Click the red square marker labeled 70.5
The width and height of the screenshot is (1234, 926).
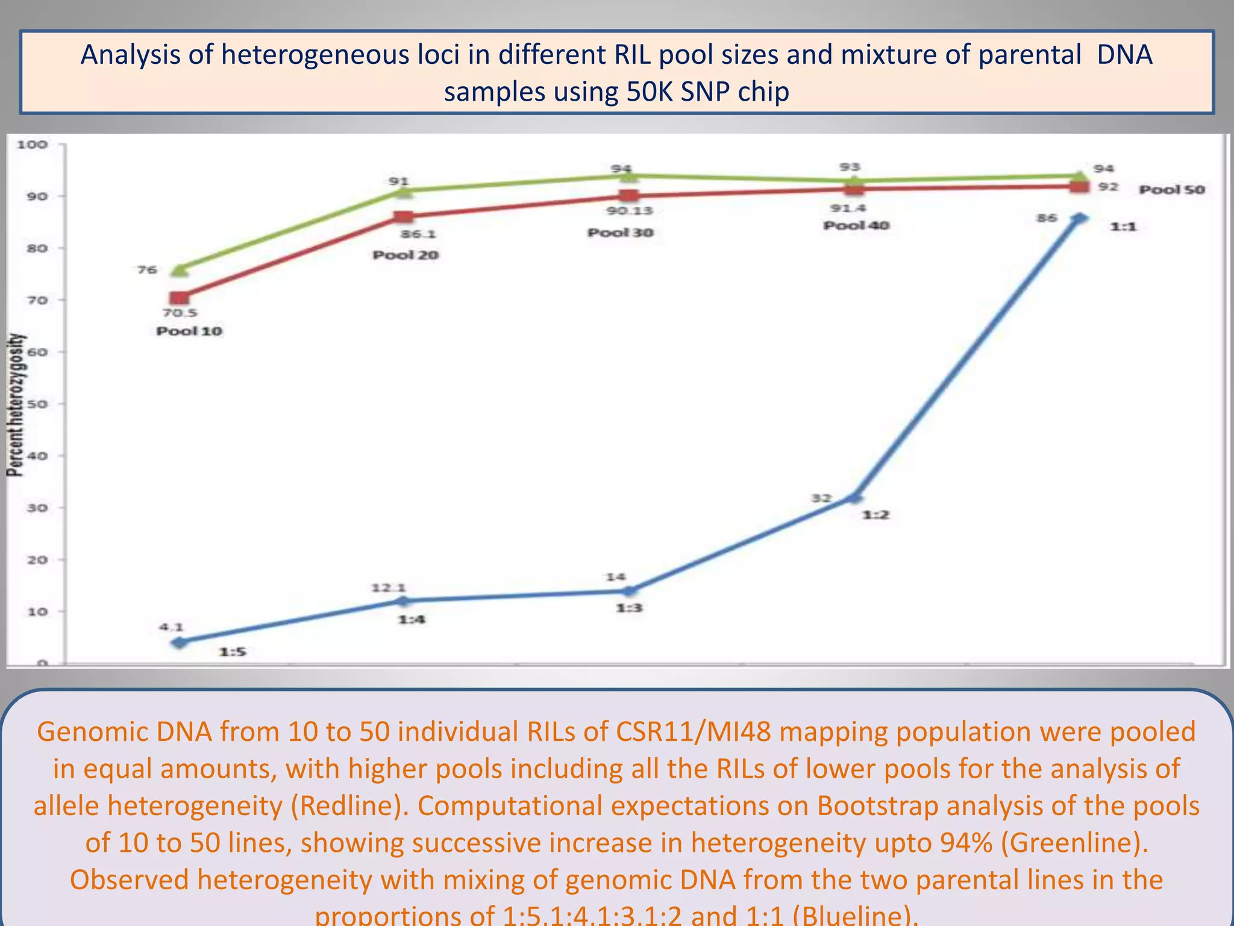click(179, 298)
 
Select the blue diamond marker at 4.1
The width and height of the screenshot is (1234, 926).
click(179, 642)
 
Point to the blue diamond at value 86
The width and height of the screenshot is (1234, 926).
click(1080, 218)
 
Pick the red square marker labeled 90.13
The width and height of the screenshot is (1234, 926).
click(629, 195)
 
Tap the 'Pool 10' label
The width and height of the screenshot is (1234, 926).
click(189, 331)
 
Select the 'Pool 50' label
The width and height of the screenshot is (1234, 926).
click(1171, 189)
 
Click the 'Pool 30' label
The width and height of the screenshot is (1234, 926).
click(621, 233)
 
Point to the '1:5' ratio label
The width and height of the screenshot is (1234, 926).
click(233, 652)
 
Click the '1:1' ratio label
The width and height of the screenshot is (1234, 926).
click(1123, 227)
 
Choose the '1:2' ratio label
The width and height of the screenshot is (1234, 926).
click(875, 515)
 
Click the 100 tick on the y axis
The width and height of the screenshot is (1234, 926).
click(33, 144)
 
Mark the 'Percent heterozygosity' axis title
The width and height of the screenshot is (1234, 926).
click(17, 405)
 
